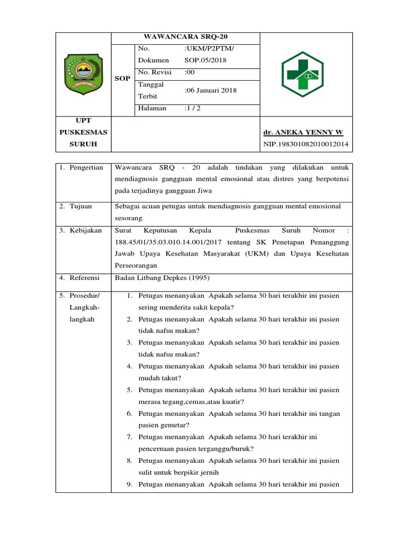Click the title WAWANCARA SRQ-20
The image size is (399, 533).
(x=185, y=36)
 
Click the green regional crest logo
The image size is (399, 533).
(x=83, y=73)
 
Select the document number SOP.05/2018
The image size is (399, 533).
(x=205, y=60)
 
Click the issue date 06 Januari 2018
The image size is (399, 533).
(x=210, y=90)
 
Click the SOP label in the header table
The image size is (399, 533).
(x=122, y=78)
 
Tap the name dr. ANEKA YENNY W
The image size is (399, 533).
(x=303, y=132)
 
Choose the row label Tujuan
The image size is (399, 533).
(x=82, y=207)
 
